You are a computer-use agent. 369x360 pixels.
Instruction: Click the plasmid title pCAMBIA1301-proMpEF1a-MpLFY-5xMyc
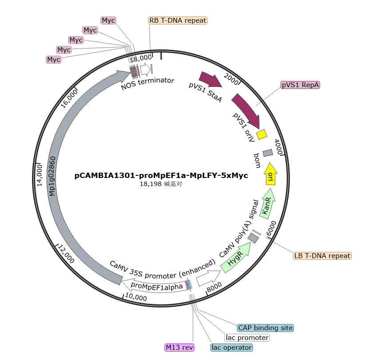[161, 175]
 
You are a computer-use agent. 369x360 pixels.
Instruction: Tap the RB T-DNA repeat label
[178, 20]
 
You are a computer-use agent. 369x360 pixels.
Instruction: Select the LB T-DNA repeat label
[322, 255]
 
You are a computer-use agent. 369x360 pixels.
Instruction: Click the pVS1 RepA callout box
[300, 85]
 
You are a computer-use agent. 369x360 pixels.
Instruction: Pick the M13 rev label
[179, 347]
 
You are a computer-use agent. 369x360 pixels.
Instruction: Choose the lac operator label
[232, 347]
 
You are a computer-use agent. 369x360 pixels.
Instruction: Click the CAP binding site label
[265, 328]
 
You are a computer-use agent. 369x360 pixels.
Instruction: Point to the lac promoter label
[247, 338]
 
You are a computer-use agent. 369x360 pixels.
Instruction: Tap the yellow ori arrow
[271, 174]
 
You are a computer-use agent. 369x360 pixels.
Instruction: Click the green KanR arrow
[268, 204]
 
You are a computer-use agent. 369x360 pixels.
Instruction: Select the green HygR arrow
[236, 258]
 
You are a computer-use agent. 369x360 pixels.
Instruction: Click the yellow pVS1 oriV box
[262, 134]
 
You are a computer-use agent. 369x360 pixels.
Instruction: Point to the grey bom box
[268, 153]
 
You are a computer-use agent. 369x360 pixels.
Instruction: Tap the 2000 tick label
[231, 79]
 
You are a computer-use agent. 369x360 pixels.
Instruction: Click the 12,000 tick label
[66, 254]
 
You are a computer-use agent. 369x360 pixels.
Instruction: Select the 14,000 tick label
[40, 175]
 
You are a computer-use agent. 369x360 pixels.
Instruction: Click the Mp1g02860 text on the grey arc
[52, 176]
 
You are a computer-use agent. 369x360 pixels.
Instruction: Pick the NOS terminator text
[148, 83]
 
